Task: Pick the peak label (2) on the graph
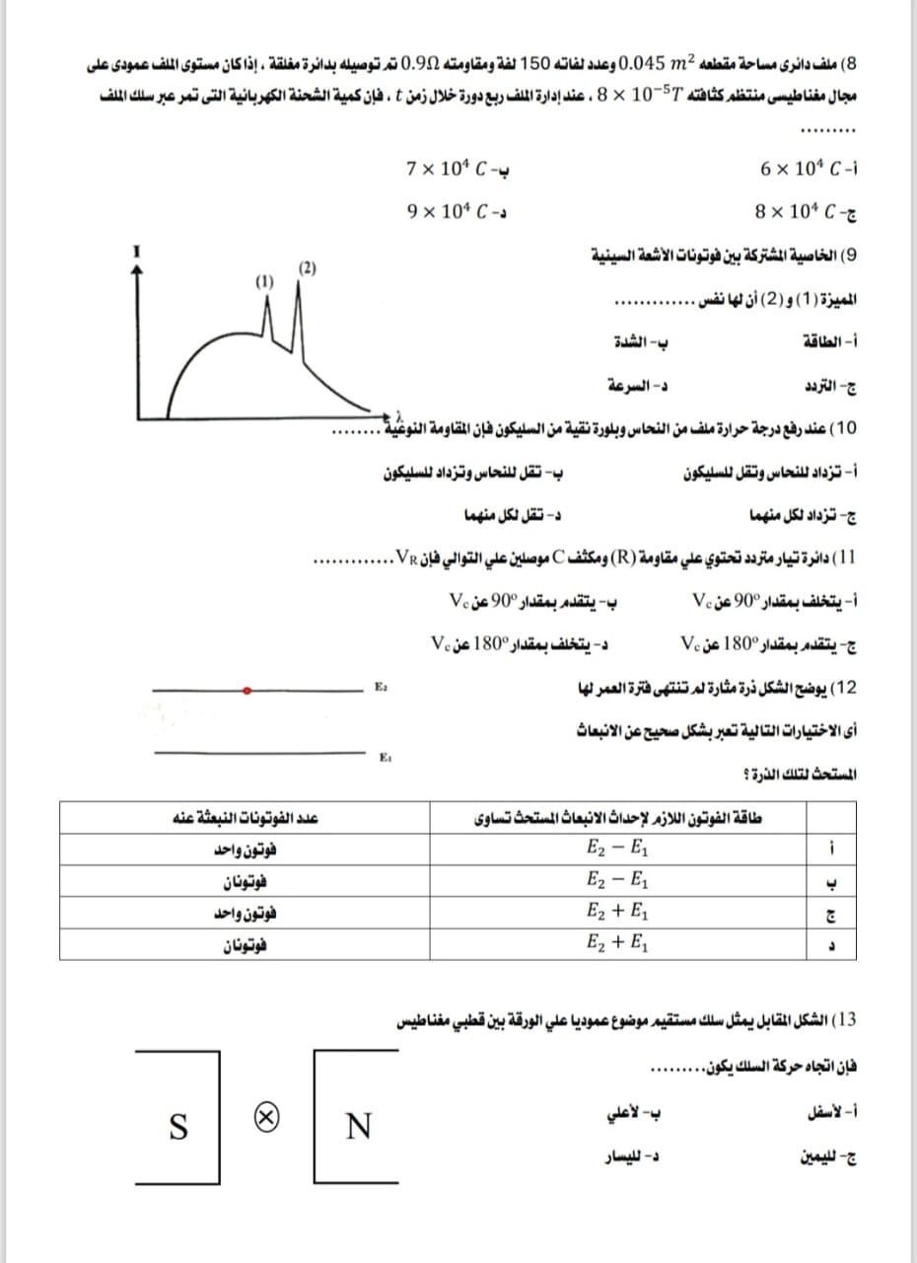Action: tap(307, 267)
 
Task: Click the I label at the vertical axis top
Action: tap(138, 253)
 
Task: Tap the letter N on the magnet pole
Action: tap(361, 1125)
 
